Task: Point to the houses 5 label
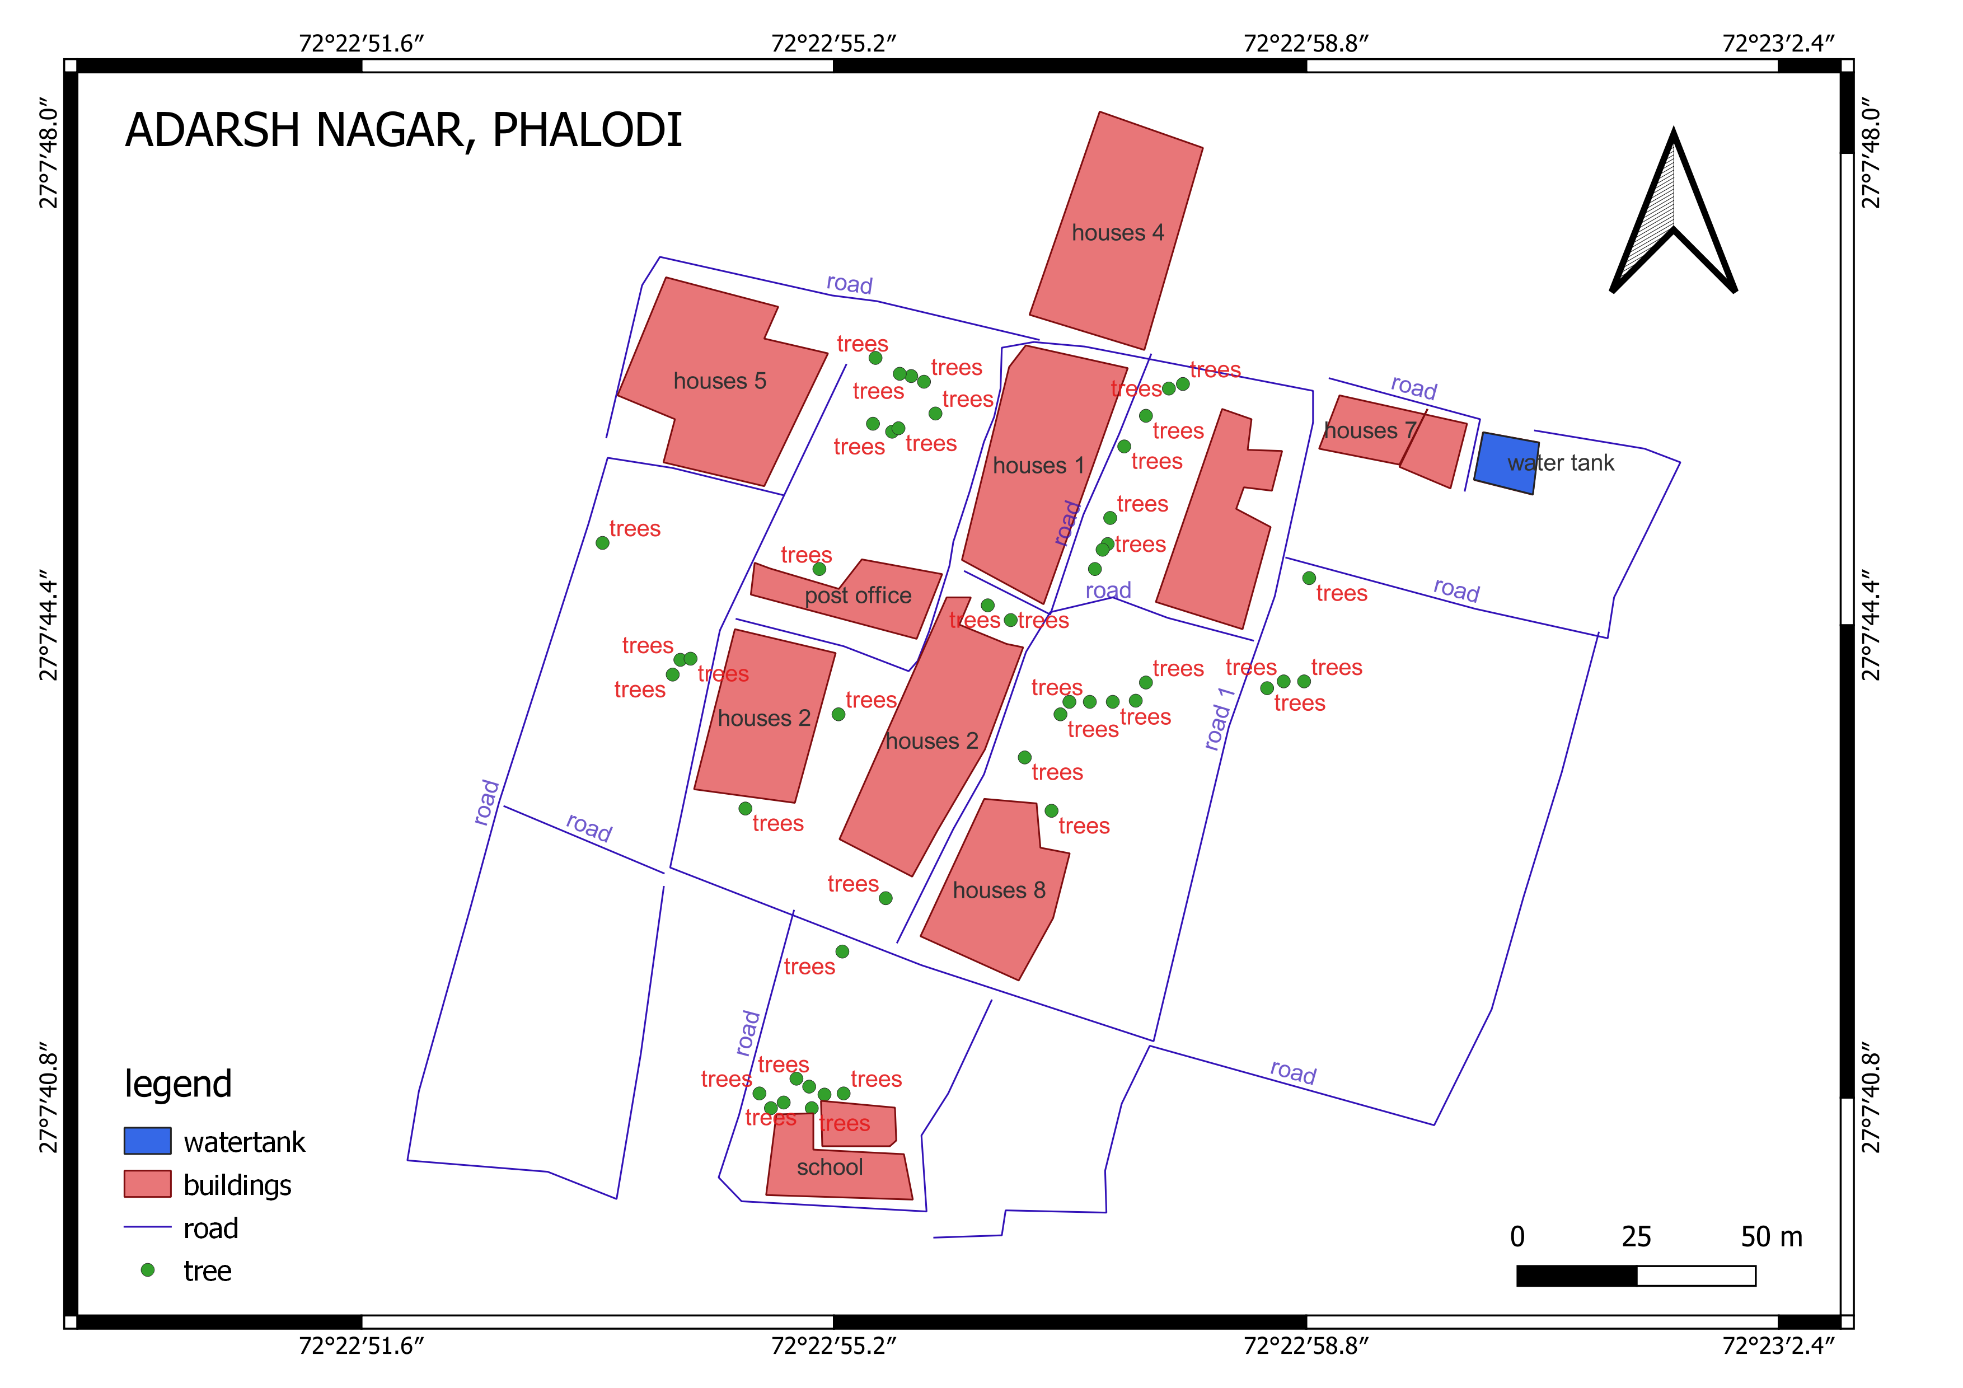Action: pos(719,381)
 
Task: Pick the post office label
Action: pos(858,595)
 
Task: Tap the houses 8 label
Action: pos(999,890)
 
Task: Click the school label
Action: pos(830,1167)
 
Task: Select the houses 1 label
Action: pos(1038,466)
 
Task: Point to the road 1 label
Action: pos(1219,718)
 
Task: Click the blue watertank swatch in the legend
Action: pos(147,1141)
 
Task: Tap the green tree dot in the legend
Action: pos(147,1270)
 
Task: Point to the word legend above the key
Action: pos(178,1084)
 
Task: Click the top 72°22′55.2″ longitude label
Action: pos(833,44)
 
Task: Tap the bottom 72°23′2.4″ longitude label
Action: pos(1778,1346)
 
